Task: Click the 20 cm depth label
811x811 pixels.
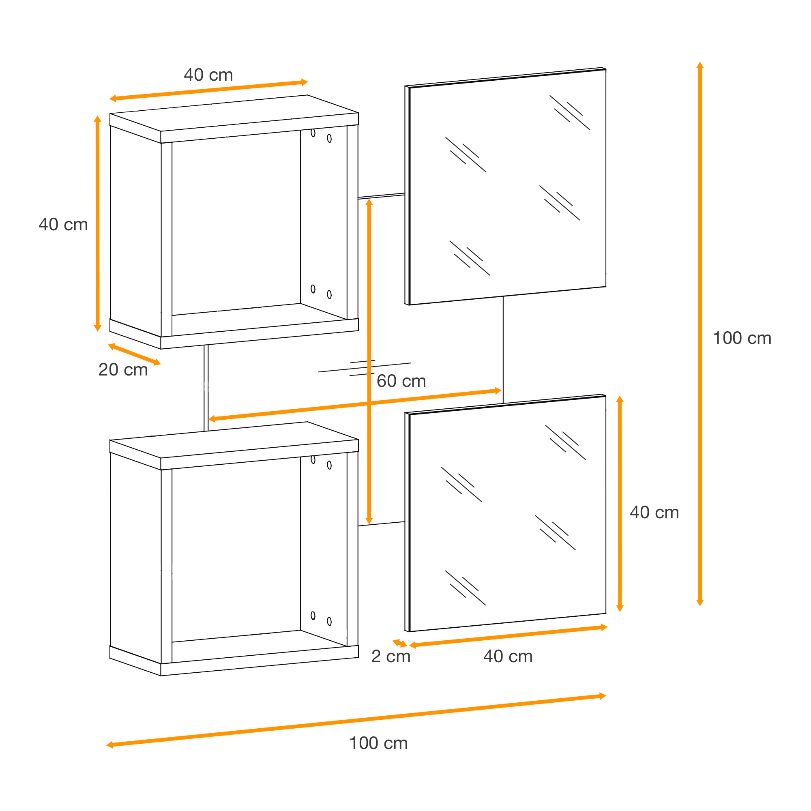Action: pyautogui.click(x=123, y=370)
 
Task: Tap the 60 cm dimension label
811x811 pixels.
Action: pyautogui.click(x=401, y=381)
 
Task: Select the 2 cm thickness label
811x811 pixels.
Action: pyautogui.click(x=391, y=657)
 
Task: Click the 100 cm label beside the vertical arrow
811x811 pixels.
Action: pyautogui.click(x=742, y=338)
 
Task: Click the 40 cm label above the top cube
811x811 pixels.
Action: pyautogui.click(x=208, y=75)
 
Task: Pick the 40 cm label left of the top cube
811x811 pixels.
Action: pyautogui.click(x=63, y=225)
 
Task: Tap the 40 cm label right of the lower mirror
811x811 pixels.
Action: pyautogui.click(x=654, y=513)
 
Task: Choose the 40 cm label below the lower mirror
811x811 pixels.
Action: pyautogui.click(x=508, y=657)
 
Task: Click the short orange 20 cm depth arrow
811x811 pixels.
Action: pyautogui.click(x=134, y=354)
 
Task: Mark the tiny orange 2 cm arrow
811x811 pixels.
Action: pyautogui.click(x=400, y=643)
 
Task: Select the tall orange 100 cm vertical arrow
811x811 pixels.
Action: pyautogui.click(x=700, y=334)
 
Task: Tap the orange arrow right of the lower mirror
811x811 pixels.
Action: pyautogui.click(x=620, y=503)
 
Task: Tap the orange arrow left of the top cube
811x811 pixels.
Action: pyautogui.click(x=97, y=223)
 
